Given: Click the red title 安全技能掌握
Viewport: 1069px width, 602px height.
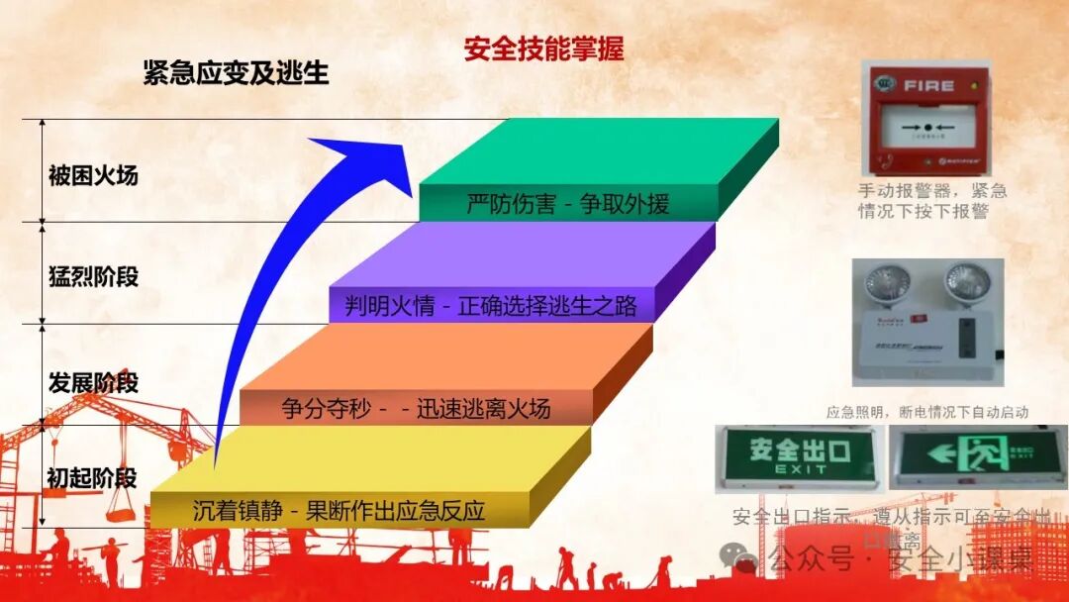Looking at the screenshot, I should click(x=543, y=49).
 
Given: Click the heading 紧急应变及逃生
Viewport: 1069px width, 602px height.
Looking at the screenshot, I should click(x=236, y=72).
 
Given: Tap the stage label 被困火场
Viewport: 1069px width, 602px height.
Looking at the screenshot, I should click(x=93, y=176).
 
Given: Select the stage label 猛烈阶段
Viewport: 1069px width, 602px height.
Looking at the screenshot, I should click(x=93, y=277).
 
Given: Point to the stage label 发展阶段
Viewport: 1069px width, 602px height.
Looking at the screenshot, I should click(x=93, y=382).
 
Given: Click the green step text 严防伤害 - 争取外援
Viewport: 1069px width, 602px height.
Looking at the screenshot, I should click(x=568, y=204).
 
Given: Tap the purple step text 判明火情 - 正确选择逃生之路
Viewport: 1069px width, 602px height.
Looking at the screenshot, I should click(x=491, y=306).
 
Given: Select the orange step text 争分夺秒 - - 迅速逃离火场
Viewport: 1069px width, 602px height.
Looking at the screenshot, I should click(x=416, y=408).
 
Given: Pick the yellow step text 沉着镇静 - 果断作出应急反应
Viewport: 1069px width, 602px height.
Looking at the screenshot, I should click(x=340, y=511).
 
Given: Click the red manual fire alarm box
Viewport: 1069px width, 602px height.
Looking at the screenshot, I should click(x=926, y=118).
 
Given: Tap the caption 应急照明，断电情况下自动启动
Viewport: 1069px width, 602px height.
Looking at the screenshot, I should click(x=927, y=412).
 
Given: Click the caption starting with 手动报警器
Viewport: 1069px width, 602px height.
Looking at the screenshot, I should click(x=931, y=201).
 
